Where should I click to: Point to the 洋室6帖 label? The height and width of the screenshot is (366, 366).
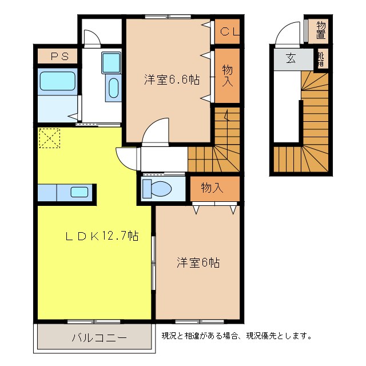[198, 262]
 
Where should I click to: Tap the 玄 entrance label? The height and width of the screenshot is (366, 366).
[291, 58]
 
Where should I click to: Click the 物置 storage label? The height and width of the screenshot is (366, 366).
[321, 30]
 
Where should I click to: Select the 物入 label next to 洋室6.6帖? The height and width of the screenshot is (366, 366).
[228, 76]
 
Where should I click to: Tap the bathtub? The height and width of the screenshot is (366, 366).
[57, 81]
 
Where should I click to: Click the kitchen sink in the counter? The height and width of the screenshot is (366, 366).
[79, 192]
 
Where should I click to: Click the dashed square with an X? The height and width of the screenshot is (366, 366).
[49, 138]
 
